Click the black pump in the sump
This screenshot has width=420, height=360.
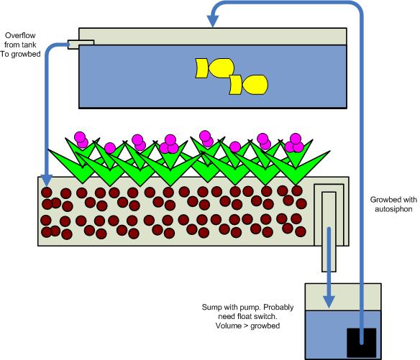[361, 341]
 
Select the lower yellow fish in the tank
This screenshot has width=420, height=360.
[248, 85]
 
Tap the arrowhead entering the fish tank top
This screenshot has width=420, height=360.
[213, 22]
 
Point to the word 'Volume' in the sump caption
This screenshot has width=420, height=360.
[229, 326]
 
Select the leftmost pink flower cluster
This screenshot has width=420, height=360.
[80, 139]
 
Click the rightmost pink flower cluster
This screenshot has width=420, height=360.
[293, 142]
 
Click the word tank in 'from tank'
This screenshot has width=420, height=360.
[29, 43]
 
